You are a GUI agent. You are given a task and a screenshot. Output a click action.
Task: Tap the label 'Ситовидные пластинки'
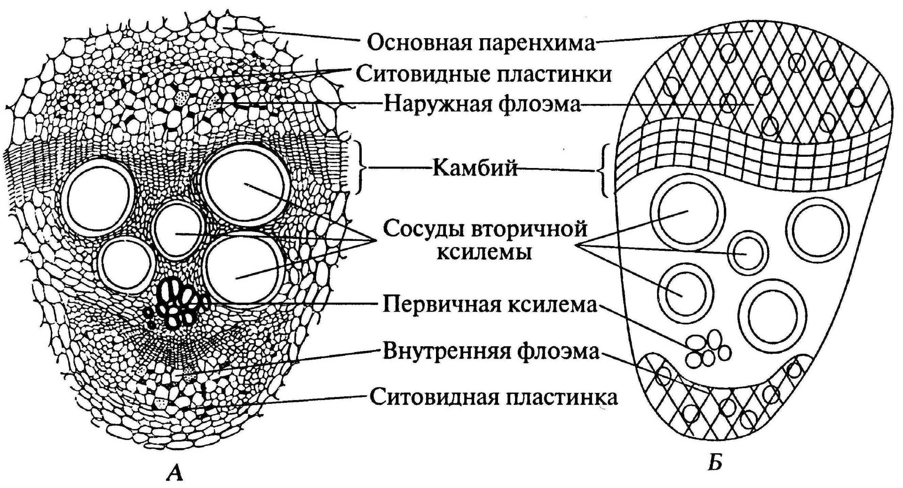pos(483,74)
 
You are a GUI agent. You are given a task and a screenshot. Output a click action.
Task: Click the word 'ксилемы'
pos(485,252)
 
